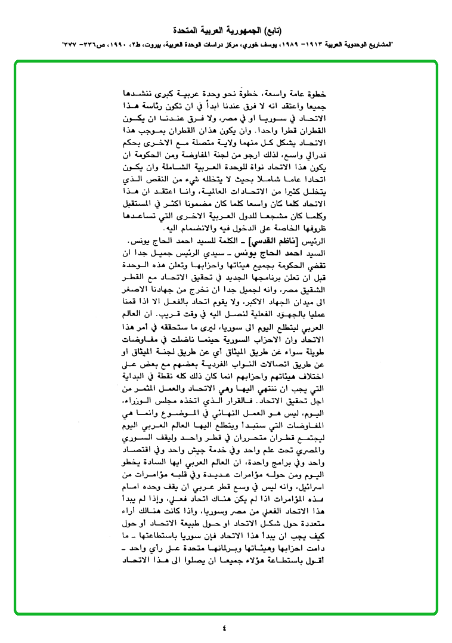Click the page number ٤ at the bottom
pyautogui.click(x=225, y=627)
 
